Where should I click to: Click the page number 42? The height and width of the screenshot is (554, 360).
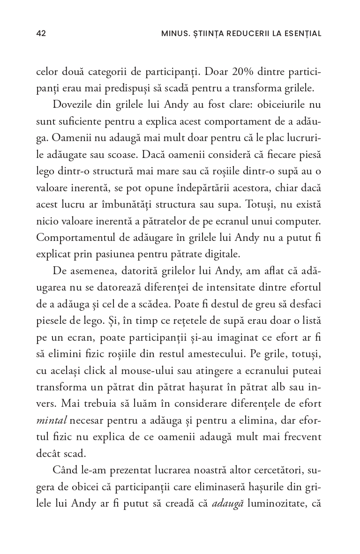tap(41, 33)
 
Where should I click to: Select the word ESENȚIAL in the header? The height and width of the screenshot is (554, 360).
tap(302, 33)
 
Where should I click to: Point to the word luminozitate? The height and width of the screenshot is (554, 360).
tap(272, 502)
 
